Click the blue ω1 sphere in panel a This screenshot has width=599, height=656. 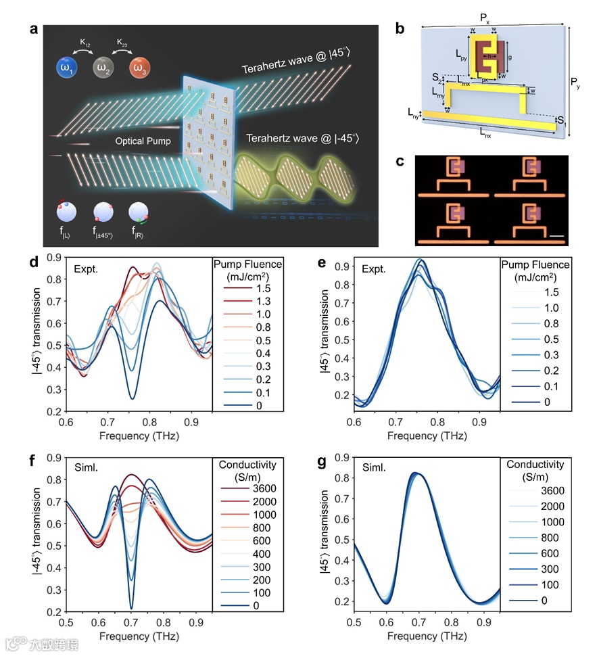tap(68, 68)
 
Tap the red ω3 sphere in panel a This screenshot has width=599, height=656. tap(141, 68)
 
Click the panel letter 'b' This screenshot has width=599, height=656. tap(400, 29)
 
